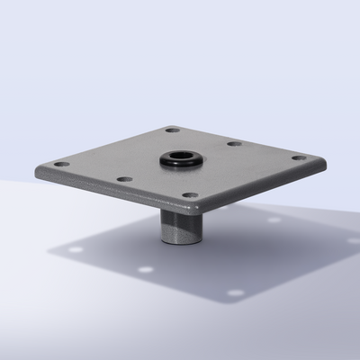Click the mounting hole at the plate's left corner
click(61, 165)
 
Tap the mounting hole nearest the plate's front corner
click(189, 194)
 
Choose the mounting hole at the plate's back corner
click(172, 130)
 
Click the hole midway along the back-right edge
click(234, 143)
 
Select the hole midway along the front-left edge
click(125, 179)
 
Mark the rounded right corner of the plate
click(320, 163)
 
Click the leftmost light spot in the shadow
click(76, 249)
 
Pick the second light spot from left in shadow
click(144, 268)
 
